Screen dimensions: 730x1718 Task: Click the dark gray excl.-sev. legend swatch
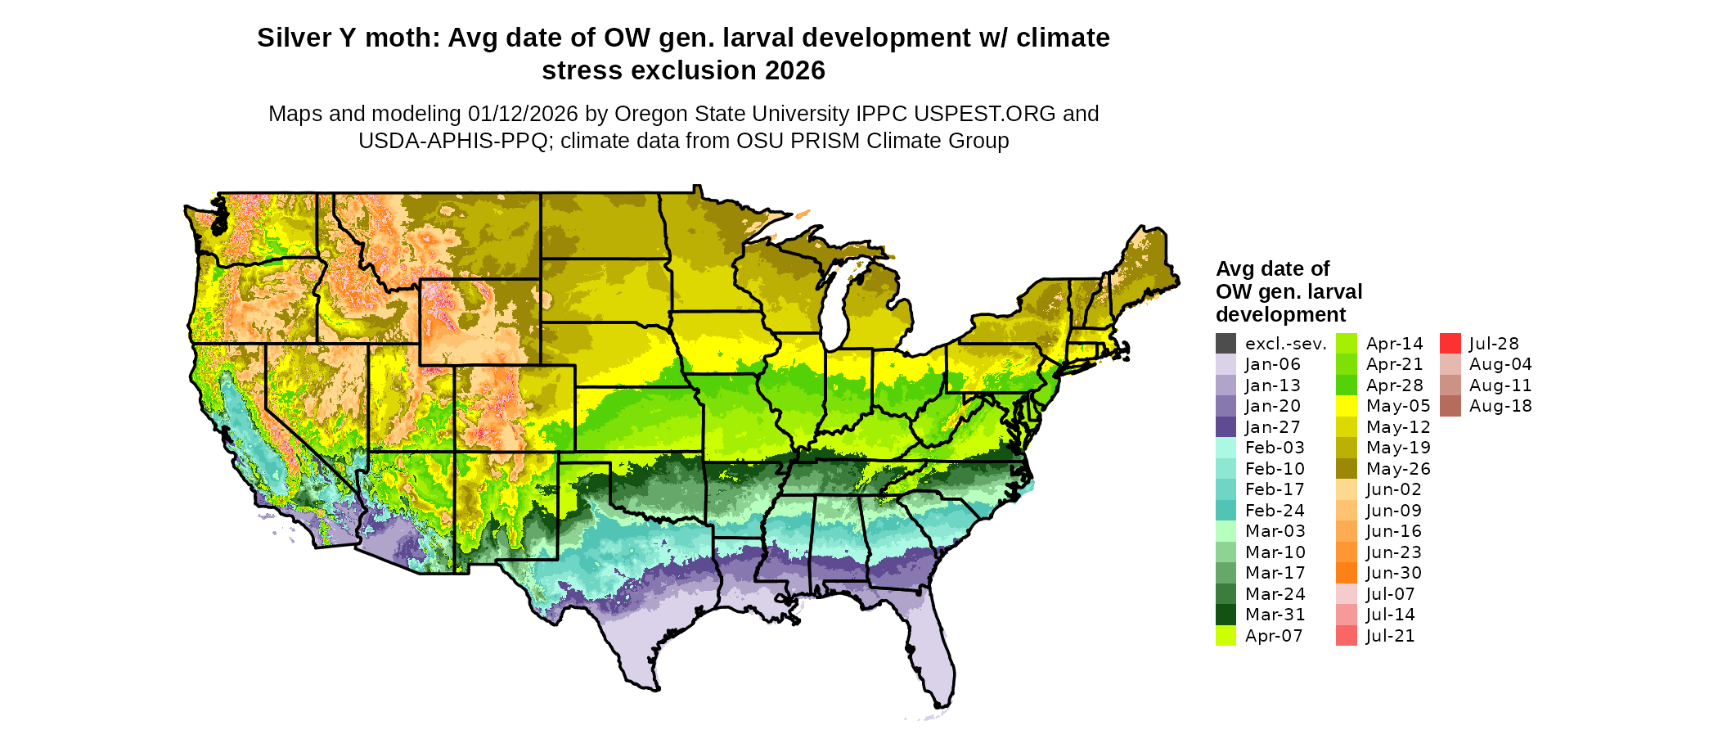pos(1226,344)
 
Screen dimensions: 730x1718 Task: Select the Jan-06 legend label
pos(1272,364)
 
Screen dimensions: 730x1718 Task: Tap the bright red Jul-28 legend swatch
pos(1450,344)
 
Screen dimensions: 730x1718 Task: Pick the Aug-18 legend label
pos(1500,406)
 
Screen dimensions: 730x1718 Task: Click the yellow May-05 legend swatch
pos(1346,406)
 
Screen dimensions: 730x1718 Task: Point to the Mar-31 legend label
pos(1275,615)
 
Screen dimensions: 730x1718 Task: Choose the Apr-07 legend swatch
pos(1226,636)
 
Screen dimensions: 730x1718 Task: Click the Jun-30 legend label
pos(1394,573)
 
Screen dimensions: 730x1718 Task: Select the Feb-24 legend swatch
pos(1226,511)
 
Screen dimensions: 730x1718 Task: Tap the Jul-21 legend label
pos(1390,636)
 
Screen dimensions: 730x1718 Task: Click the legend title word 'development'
pos(1280,314)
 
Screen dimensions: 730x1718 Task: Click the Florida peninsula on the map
pos(932,647)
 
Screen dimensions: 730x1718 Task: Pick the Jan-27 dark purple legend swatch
pos(1226,427)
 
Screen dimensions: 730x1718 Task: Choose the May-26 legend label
pos(1398,469)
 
